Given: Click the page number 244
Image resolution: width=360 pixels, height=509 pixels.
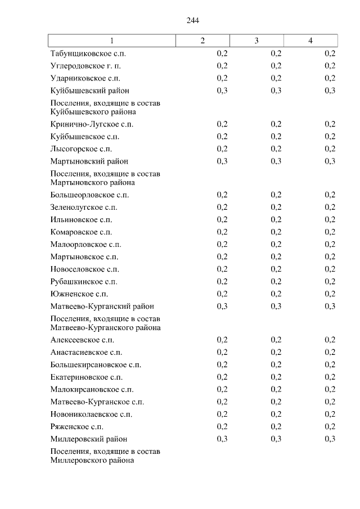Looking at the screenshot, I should tap(193, 21).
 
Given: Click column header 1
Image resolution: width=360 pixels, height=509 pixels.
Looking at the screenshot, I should tap(111, 40).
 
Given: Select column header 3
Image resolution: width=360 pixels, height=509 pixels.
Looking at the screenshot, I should tap(256, 40).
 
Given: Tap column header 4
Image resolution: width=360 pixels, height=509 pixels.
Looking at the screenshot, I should tap(310, 40).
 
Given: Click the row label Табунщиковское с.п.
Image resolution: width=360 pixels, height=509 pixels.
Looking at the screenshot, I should tap(88, 54).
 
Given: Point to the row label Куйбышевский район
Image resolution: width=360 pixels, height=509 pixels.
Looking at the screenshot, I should tap(89, 91).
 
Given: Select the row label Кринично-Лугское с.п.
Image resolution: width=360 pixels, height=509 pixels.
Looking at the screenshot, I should tap(92, 124).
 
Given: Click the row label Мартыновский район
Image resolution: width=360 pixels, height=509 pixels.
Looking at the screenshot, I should tap(89, 161).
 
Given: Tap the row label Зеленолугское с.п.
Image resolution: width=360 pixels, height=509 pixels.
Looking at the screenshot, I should tap(84, 208).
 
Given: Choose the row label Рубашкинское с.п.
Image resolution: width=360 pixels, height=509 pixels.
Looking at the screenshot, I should tap(84, 282).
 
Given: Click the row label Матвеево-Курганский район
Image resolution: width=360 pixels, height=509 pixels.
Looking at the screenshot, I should tap(102, 307).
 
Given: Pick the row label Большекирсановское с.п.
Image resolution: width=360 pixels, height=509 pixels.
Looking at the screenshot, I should tap(96, 365).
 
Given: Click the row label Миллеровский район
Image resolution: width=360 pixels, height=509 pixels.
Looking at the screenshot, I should tap(88, 439).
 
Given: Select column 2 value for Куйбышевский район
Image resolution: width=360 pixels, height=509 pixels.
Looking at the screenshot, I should tap(222, 91).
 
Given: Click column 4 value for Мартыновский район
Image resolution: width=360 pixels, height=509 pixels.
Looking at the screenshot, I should tap(330, 161).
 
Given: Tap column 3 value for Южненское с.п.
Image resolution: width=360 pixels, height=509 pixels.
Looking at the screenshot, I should tap(276, 294).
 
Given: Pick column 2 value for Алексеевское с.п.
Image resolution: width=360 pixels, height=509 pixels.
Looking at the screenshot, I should tap(222, 340).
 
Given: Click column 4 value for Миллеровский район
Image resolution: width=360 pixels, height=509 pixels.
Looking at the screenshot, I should tap(330, 439).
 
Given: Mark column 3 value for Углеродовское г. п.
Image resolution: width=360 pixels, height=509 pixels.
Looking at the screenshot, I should tap(276, 66).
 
